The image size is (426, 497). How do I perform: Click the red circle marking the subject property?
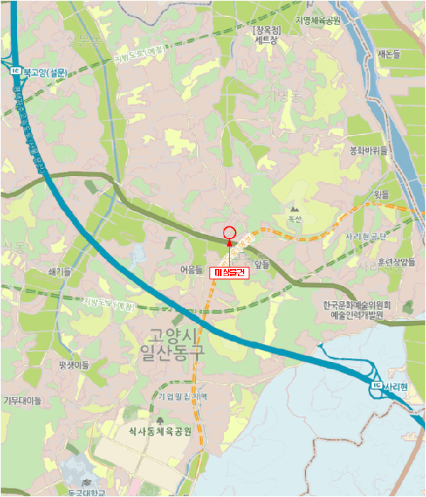(x=229, y=232)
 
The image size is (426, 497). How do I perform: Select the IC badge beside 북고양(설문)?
(x=15, y=71)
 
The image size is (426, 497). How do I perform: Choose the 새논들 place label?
(x=389, y=54)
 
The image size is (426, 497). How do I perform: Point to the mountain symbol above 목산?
(x=295, y=209)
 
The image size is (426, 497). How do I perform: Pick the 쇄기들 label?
(x=59, y=272)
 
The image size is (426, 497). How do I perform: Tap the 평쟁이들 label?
(x=75, y=365)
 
